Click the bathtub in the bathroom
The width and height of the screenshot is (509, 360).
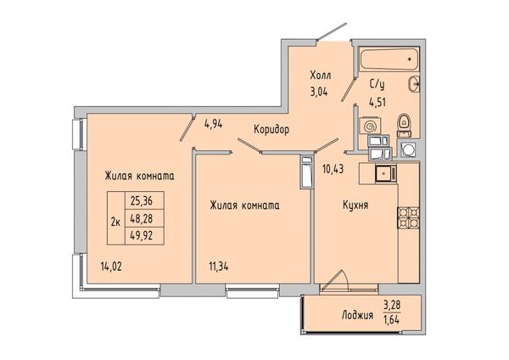389,59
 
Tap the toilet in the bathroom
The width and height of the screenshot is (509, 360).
404,125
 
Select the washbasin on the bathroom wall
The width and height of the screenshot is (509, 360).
414,84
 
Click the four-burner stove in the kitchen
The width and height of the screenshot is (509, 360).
408,217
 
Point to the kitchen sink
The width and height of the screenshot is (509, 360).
386,173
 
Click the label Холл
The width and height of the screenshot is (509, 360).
321,76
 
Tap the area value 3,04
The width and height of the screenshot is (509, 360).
319,92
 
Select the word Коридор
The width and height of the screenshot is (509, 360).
271,130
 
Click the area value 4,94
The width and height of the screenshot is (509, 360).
213,124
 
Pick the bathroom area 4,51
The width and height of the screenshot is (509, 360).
377,103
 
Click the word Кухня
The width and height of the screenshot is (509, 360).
355,205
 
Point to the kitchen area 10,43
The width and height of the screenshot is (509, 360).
333,169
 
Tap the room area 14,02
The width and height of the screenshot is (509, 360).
111,267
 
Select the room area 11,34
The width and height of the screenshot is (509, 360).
219,267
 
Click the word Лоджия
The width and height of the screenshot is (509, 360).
357,315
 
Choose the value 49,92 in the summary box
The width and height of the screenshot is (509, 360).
141,235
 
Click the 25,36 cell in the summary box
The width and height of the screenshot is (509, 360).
141,201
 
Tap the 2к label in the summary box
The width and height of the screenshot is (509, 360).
116,222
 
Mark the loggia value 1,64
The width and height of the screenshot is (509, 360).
391,320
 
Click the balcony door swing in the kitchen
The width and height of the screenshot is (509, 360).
338,278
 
